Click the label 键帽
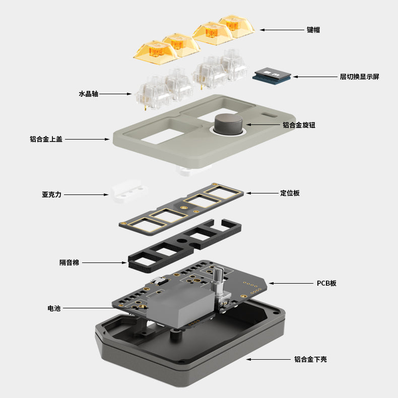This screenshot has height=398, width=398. point(313,30)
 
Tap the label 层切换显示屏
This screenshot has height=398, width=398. point(359,77)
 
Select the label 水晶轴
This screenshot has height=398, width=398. point(88,94)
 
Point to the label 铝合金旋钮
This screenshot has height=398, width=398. point(299,125)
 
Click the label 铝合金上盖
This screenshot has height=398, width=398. point(46,139)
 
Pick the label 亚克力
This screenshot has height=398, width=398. point(52,194)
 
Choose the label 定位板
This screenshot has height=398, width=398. point(290,193)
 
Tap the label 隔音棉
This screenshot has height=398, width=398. point(70,262)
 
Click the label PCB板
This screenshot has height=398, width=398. point(326,283)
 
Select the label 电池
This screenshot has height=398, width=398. point(54,308)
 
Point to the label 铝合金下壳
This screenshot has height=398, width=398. point(310,359)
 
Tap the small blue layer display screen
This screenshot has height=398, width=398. point(272,75)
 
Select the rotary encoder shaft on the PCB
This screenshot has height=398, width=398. point(218,276)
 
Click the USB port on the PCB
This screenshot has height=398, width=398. point(159,281)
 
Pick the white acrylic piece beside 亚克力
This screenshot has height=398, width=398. point(129,190)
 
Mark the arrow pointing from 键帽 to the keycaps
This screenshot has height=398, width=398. point(282,30)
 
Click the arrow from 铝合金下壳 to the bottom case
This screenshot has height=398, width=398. point(269,359)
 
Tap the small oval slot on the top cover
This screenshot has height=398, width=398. point(269,115)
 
